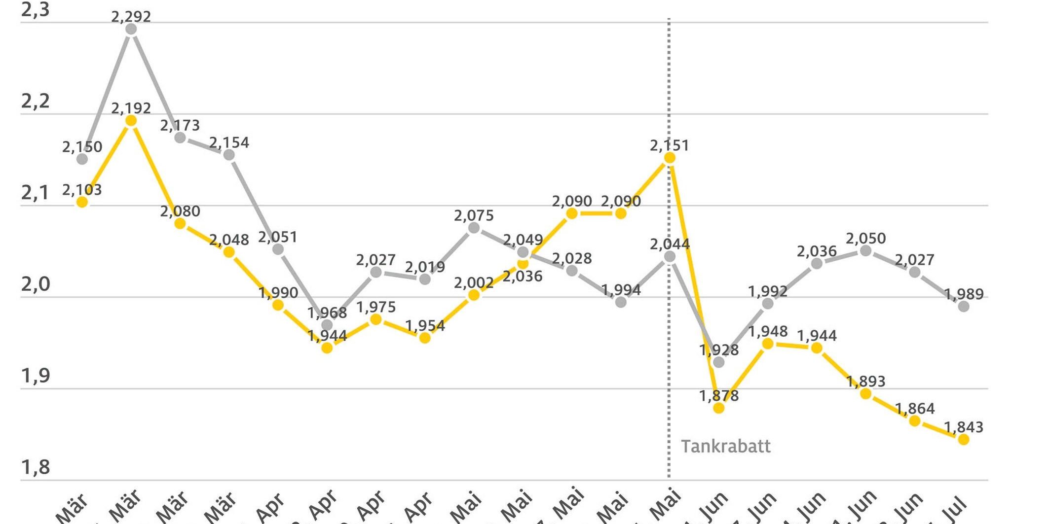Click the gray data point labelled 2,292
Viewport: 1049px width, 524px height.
pyautogui.click(x=131, y=29)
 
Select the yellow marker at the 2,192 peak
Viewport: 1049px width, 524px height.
pyautogui.click(x=131, y=121)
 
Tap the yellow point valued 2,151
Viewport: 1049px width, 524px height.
pyautogui.click(x=670, y=158)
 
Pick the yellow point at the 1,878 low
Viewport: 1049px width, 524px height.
pyautogui.click(x=719, y=408)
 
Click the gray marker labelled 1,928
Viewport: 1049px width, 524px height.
pyautogui.click(x=719, y=362)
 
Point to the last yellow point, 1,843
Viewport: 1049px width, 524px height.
pyautogui.click(x=964, y=439)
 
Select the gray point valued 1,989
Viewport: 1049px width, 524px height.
pyautogui.click(x=964, y=306)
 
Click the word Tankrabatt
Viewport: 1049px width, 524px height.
pyautogui.click(x=725, y=447)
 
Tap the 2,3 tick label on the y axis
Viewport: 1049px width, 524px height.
pyautogui.click(x=36, y=10)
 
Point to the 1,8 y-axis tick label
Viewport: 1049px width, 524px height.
pyautogui.click(x=36, y=467)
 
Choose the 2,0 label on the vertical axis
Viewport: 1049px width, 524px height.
pyautogui.click(x=36, y=284)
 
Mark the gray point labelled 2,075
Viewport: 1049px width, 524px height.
pyautogui.click(x=474, y=228)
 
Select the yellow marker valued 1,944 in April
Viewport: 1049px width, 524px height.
pyautogui.click(x=327, y=348)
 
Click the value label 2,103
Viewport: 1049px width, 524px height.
pyautogui.click(x=82, y=190)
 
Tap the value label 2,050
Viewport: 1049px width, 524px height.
pyautogui.click(x=866, y=239)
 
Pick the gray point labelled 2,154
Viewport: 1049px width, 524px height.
pyautogui.click(x=229, y=155)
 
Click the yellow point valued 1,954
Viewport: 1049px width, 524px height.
pyautogui.click(x=425, y=338)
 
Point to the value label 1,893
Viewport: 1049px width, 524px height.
pyautogui.click(x=866, y=381)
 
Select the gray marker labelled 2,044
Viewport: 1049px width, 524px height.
pyautogui.click(x=670, y=257)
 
